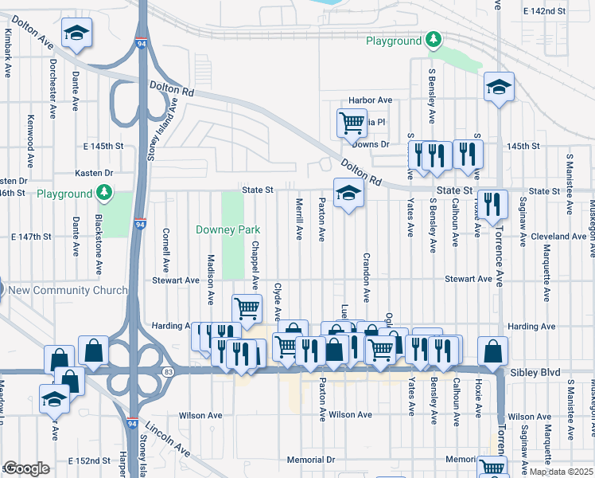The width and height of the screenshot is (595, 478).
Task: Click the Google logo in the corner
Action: pyautogui.click(x=26, y=468)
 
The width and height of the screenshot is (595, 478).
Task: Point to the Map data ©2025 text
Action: pyautogui.click(x=561, y=472)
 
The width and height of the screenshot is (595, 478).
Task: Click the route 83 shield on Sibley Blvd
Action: pyautogui.click(x=168, y=372)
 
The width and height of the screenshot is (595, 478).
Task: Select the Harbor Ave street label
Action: pyautogui.click(x=371, y=100)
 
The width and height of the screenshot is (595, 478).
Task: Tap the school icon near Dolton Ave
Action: pyautogui.click(x=77, y=33)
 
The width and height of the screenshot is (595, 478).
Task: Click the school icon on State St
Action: pyautogui.click(x=348, y=194)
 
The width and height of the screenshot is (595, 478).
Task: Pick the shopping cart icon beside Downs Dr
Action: pyautogui.click(x=352, y=123)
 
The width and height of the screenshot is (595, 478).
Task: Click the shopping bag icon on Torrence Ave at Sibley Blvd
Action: pyautogui.click(x=493, y=351)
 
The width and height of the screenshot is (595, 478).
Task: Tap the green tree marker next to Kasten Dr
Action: pyautogui.click(x=103, y=193)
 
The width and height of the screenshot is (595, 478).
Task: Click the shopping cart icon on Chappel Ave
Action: pyautogui.click(x=247, y=308)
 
